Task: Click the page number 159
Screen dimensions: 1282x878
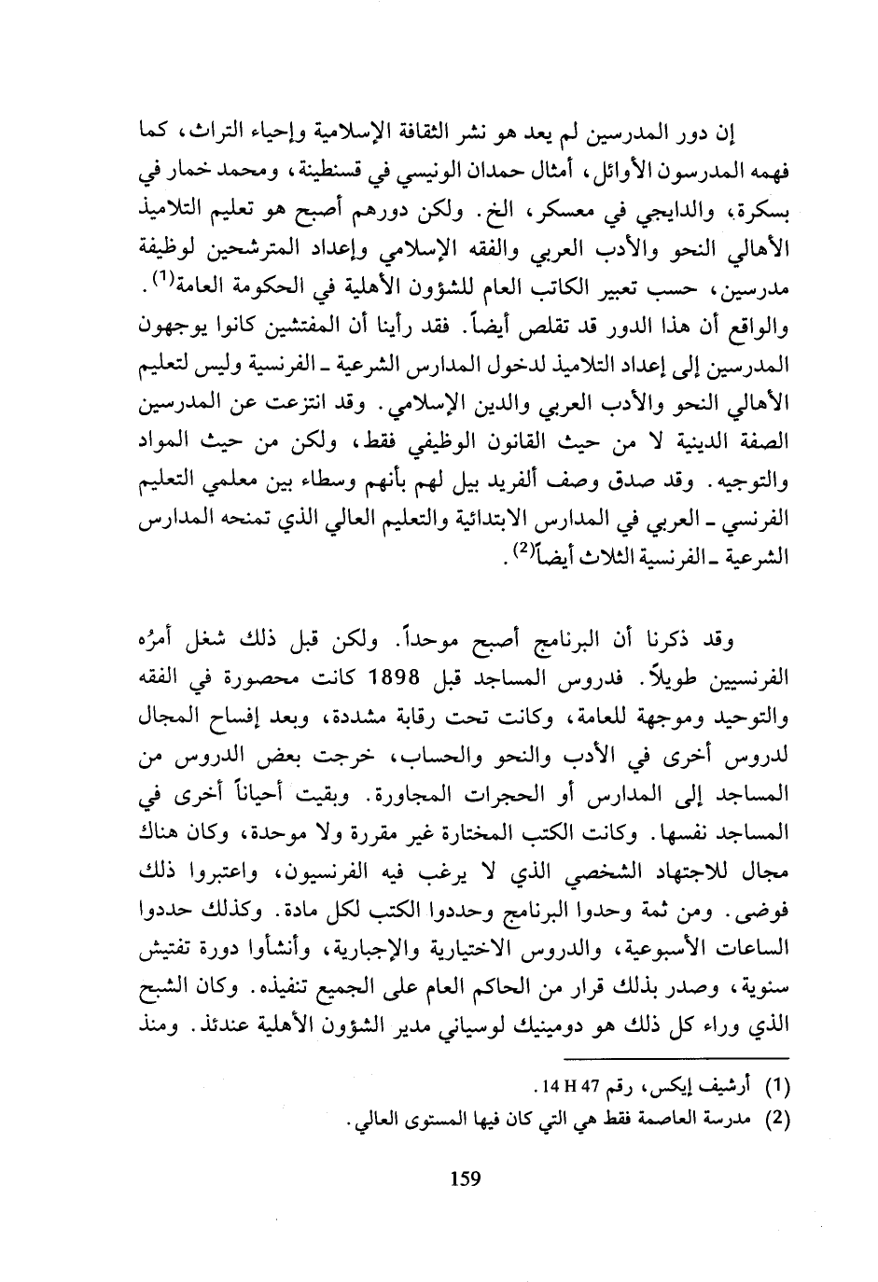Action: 464,1178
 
